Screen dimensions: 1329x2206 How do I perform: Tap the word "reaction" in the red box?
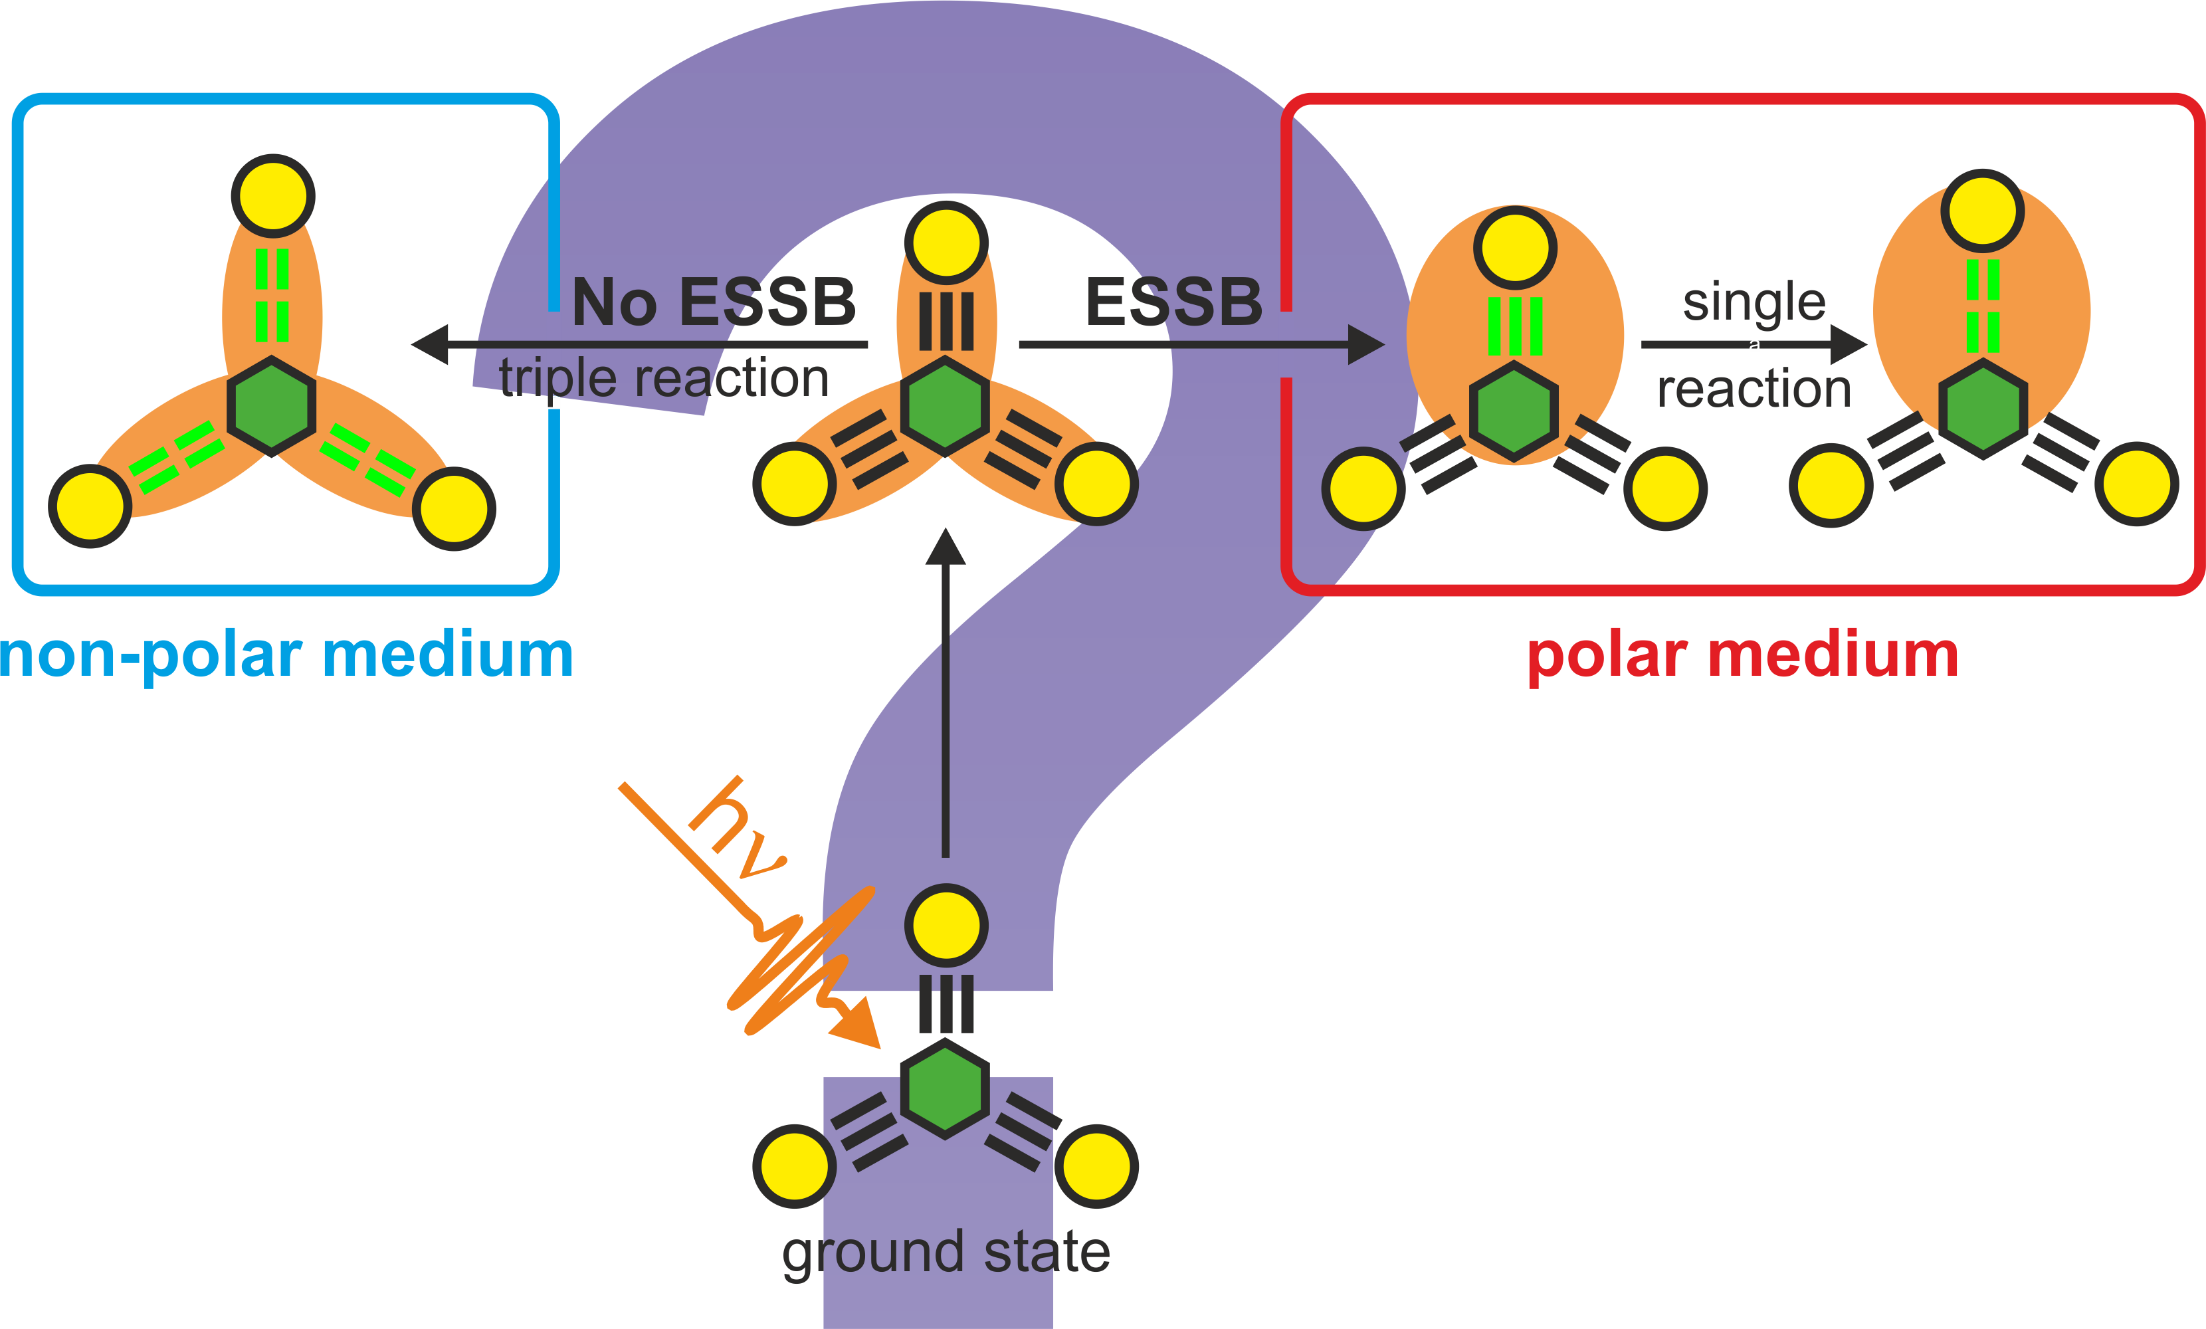click(x=1754, y=389)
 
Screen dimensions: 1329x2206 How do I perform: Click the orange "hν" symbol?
click(x=736, y=829)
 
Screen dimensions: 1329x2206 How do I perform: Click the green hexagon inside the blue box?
click(x=271, y=407)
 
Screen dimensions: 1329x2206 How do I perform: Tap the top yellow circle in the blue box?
click(x=273, y=196)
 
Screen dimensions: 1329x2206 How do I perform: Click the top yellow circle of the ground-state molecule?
click(x=946, y=925)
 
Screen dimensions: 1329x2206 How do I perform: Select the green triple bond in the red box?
click(x=1515, y=327)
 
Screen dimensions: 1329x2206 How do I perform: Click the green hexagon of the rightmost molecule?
click(x=1983, y=409)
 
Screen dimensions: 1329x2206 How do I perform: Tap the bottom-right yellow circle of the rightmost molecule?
click(x=2137, y=484)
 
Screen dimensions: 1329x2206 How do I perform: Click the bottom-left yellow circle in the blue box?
click(x=90, y=506)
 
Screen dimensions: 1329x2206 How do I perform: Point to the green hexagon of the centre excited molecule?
click(x=945, y=407)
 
